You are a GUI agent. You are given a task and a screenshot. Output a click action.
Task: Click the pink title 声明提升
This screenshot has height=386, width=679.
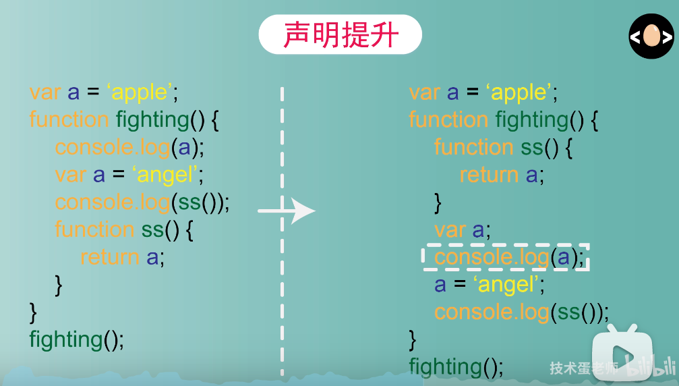pyautogui.click(x=341, y=34)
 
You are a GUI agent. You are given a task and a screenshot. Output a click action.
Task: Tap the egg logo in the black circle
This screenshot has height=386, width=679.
pyautogui.click(x=651, y=36)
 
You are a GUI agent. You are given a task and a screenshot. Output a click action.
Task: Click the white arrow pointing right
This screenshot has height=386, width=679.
pyautogui.click(x=287, y=211)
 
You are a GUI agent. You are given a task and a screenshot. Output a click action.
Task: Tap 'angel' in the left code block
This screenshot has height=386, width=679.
pyautogui.click(x=168, y=175)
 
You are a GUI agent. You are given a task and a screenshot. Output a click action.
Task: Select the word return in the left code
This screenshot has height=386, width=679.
pyautogui.click(x=109, y=257)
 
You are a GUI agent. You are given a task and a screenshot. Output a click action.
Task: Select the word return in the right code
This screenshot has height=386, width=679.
pyautogui.click(x=489, y=175)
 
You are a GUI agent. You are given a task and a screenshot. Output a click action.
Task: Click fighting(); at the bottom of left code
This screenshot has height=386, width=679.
pyautogui.click(x=76, y=339)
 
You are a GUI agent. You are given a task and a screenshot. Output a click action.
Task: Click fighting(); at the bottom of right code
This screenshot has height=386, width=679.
pyautogui.click(x=456, y=366)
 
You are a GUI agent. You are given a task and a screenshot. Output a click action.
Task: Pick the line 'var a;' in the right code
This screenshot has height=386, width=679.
pyautogui.click(x=462, y=229)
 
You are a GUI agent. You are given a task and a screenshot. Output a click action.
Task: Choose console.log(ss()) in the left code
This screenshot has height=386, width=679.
pyautogui.click(x=142, y=202)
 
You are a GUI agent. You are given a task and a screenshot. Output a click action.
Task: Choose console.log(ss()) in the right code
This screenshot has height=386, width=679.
pyautogui.click(x=521, y=312)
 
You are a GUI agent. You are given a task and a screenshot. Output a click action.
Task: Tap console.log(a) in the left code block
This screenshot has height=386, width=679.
pyautogui.click(x=129, y=147)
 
